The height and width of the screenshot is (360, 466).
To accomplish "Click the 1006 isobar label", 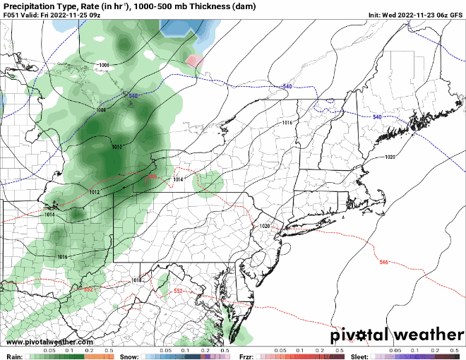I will [104, 65].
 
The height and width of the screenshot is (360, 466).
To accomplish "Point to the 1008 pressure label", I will [101, 110].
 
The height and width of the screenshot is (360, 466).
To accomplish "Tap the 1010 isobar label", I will [117, 147].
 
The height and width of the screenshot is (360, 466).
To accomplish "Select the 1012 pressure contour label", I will [94, 192].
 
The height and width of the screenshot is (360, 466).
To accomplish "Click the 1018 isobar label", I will [137, 280].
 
